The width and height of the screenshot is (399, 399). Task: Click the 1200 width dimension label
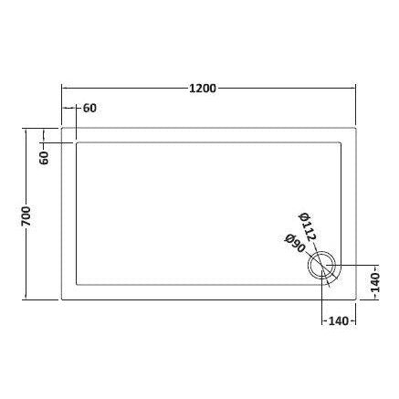[x=202, y=89]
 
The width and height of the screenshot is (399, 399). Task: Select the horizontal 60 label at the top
[x=89, y=109]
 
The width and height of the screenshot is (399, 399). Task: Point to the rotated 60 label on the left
[x=43, y=156]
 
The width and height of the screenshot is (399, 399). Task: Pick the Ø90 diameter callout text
[x=293, y=247]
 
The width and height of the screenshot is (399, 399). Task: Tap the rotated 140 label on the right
[x=373, y=285]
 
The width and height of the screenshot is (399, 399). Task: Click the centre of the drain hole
[x=323, y=268]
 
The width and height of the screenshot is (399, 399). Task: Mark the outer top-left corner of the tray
[x=61, y=127]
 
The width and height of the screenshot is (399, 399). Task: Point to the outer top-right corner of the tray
[x=355, y=127]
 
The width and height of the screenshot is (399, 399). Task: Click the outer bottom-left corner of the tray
[x=61, y=299]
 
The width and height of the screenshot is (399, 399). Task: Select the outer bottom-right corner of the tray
[x=355, y=299]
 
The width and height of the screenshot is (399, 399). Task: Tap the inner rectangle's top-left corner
[x=77, y=142]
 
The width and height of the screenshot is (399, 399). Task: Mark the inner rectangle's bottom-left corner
[x=77, y=284]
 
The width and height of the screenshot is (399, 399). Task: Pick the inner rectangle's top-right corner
[x=341, y=142]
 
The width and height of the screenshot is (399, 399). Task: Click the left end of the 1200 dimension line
[x=61, y=89]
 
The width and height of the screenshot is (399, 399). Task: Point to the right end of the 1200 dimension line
[x=355, y=89]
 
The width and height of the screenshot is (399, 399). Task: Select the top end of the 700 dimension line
[x=26, y=127]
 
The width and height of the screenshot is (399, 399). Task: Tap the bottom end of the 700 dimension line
[x=26, y=299]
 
